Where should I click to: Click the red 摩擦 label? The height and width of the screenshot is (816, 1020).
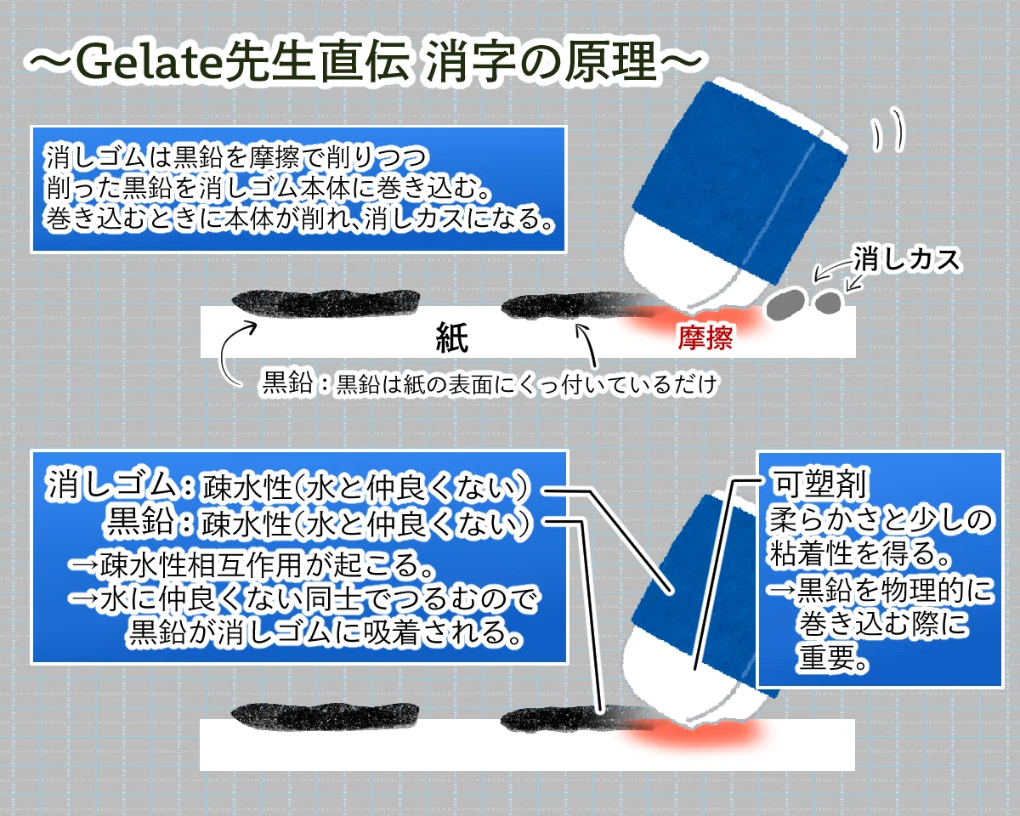(x=705, y=337)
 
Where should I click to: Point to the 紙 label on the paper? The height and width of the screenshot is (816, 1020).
(x=451, y=337)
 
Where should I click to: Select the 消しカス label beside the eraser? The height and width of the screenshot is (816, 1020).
(x=907, y=260)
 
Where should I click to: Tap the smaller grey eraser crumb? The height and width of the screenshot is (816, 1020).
(x=828, y=302)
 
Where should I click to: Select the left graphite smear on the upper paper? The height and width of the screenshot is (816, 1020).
(x=326, y=303)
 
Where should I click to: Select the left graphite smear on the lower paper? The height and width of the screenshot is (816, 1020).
(x=326, y=717)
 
